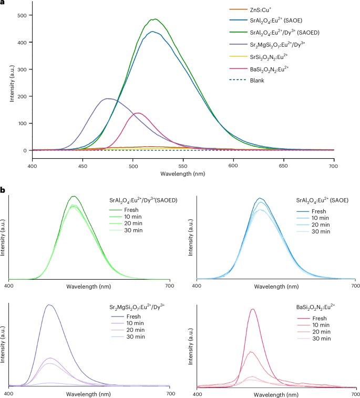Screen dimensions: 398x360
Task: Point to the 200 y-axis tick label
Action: click(x=21, y=97)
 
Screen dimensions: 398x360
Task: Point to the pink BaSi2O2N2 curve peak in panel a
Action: click(x=138, y=113)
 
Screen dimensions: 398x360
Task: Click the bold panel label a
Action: click(x=3, y=4)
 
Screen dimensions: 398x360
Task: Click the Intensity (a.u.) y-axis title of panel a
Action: click(x=5, y=81)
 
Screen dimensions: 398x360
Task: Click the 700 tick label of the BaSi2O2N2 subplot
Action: click(x=355, y=393)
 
